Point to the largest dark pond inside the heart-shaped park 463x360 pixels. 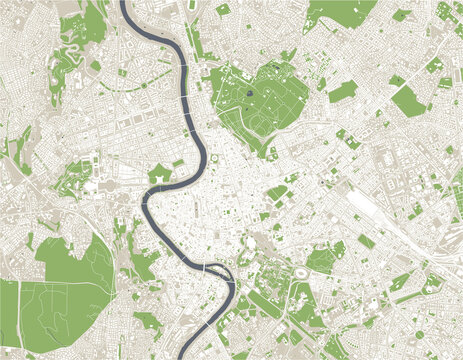pos(247,96)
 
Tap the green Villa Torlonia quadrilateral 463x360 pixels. pos(407,100)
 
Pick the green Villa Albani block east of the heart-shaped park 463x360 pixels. pos(342,92)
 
